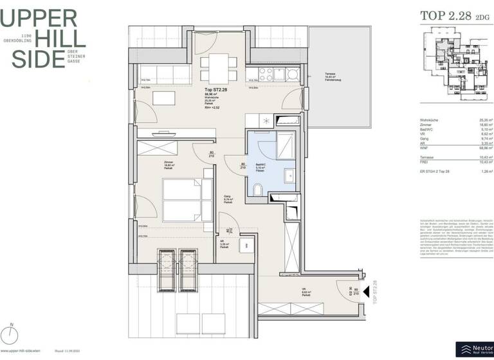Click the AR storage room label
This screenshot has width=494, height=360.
point(224,243)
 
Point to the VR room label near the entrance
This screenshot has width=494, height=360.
point(304,291)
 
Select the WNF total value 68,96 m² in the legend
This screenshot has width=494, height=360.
point(486,148)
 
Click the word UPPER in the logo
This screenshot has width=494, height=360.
point(40,17)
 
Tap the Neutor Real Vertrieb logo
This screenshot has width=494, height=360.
point(474,349)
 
